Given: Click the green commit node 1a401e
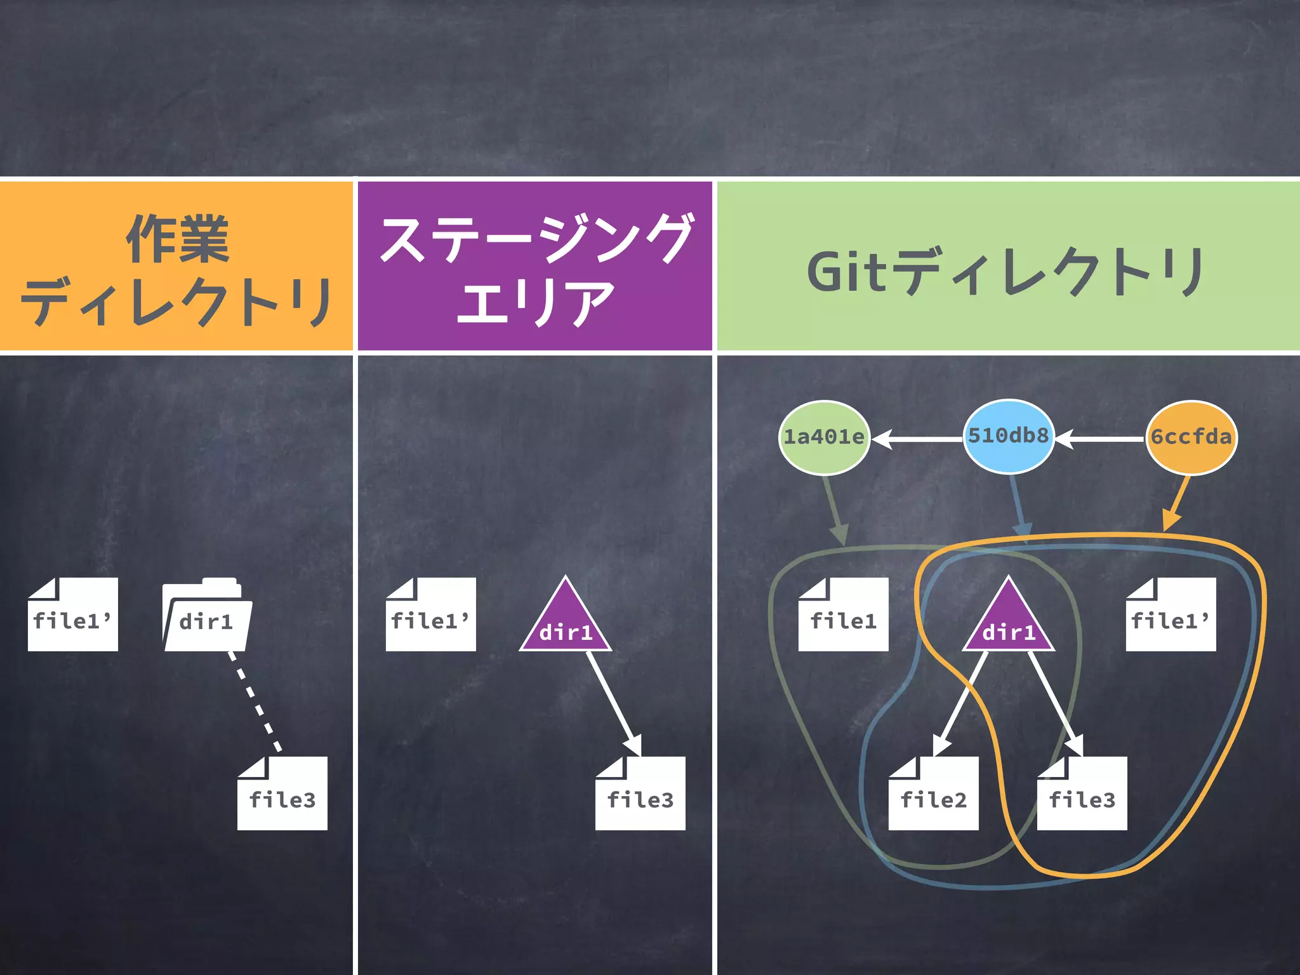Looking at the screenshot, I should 824,437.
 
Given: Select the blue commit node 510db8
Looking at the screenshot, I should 1009,436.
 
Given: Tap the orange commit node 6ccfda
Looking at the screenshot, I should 1191,437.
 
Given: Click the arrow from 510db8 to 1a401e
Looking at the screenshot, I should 917,439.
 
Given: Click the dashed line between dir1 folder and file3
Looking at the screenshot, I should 255,701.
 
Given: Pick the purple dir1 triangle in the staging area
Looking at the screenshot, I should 566,622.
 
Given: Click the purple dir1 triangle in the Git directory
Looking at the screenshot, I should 1009,622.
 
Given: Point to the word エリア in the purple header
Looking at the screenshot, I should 534,302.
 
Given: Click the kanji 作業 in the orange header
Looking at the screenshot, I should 177,239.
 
